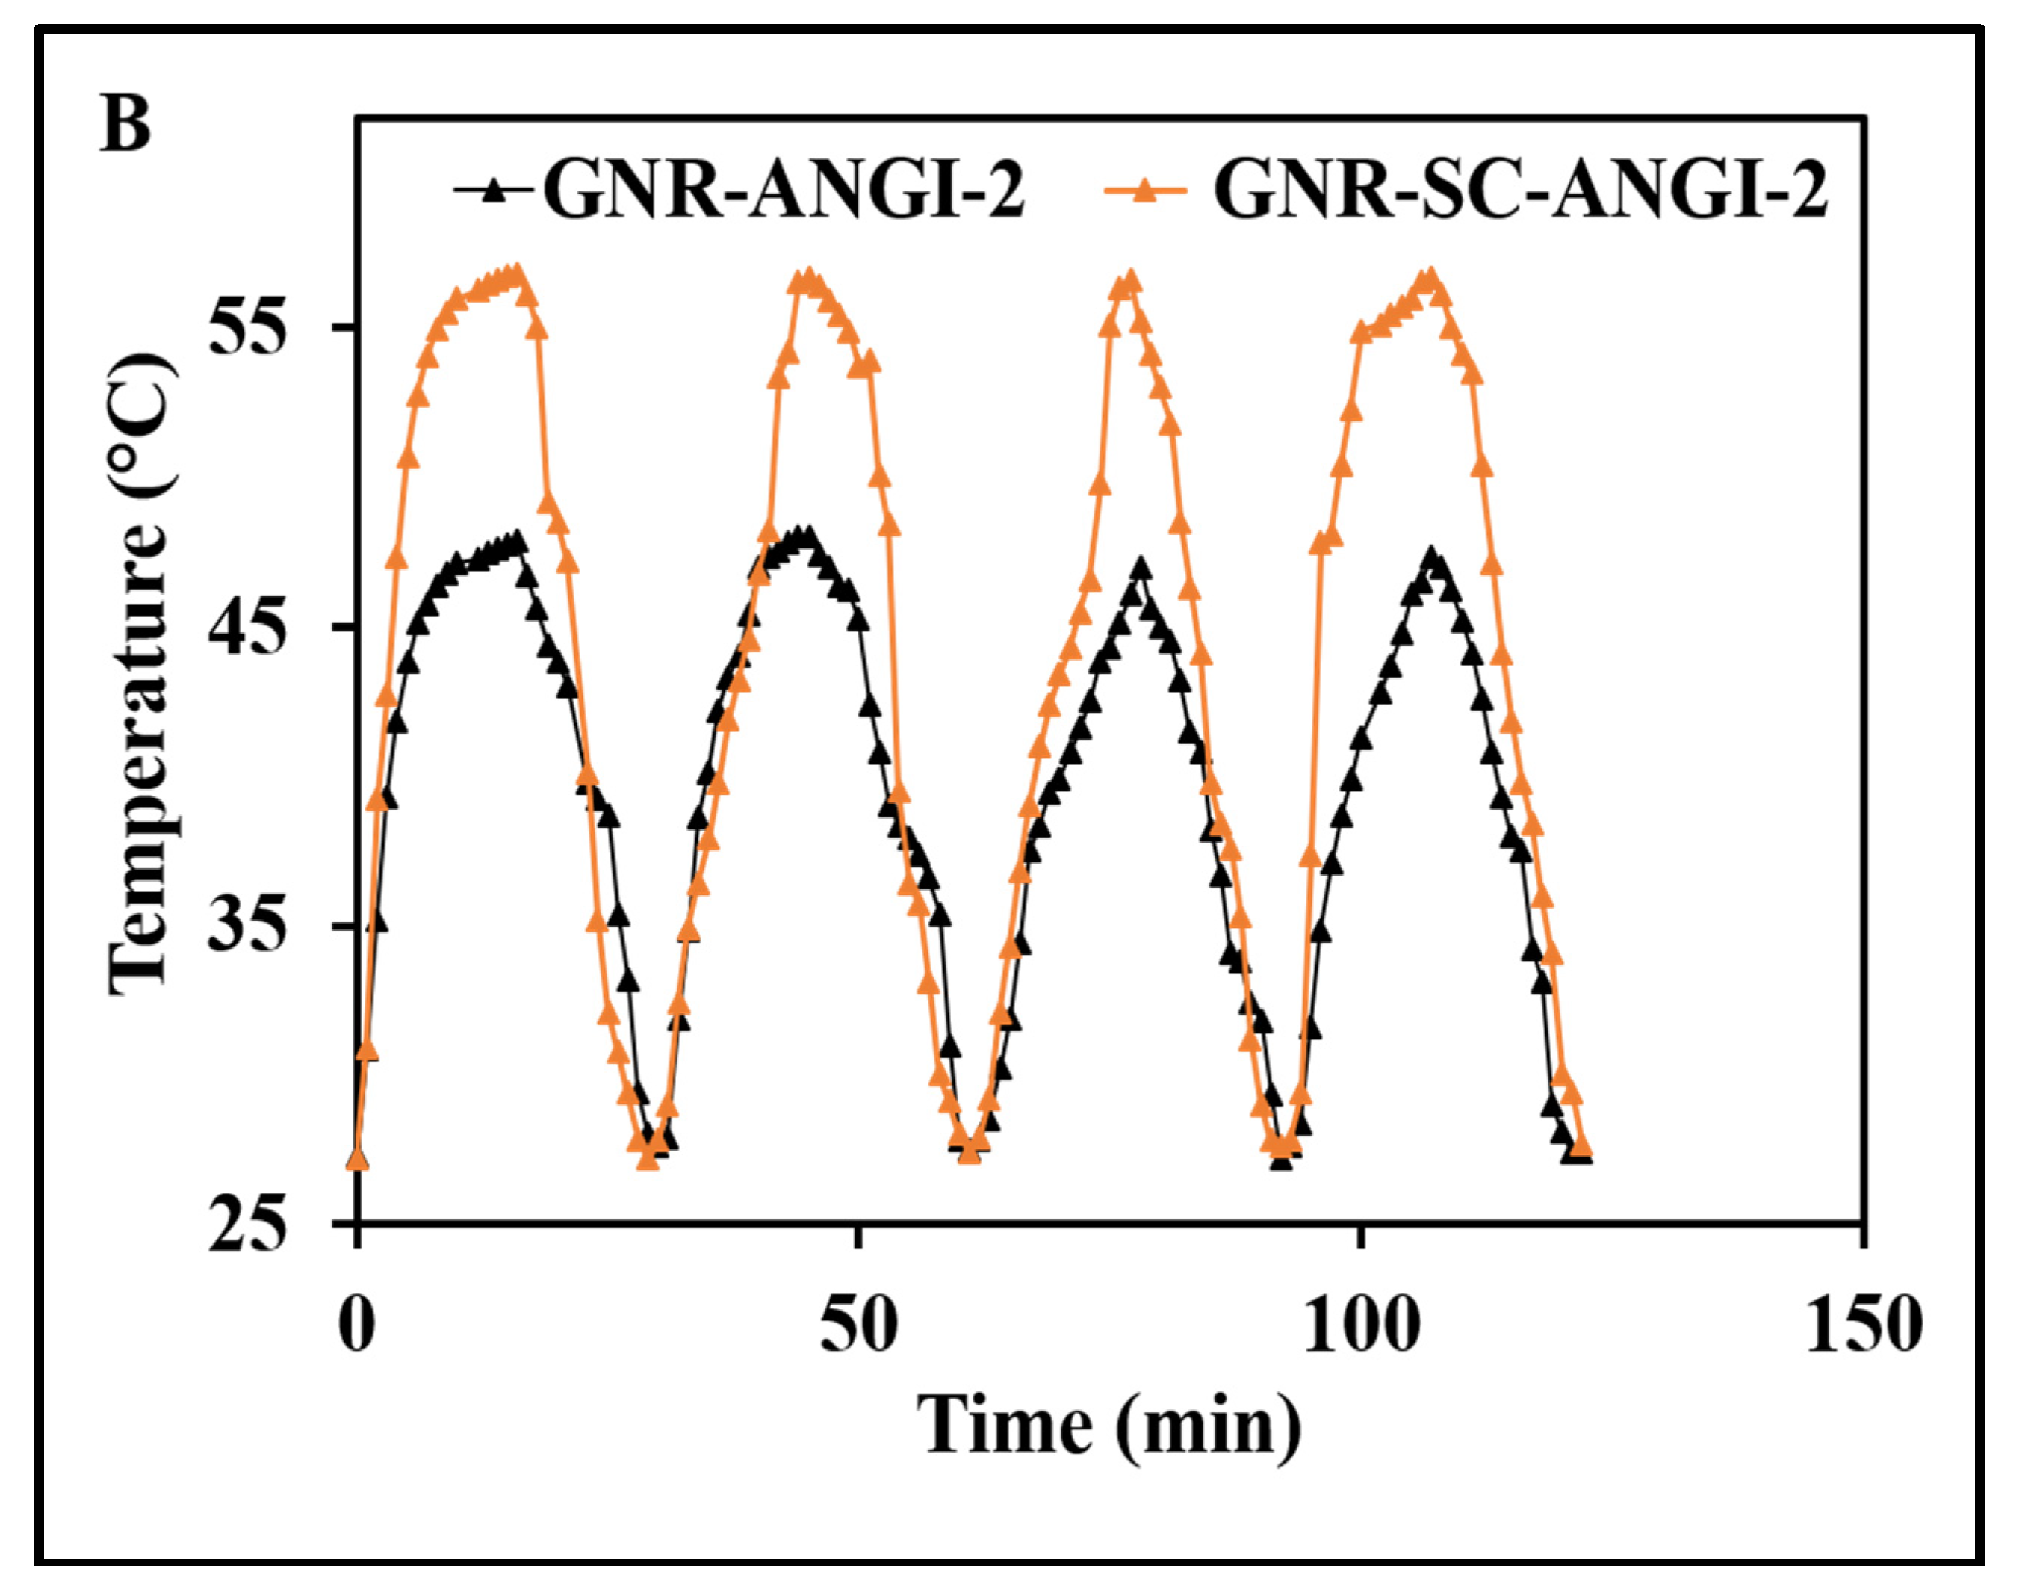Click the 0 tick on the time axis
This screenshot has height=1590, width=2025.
[x=357, y=1325]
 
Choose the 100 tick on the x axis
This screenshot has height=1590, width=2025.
[x=1359, y=1325]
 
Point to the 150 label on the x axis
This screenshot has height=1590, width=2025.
[x=1863, y=1325]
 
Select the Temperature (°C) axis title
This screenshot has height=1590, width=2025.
[x=140, y=675]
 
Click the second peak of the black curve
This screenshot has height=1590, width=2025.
[x=806, y=535]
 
